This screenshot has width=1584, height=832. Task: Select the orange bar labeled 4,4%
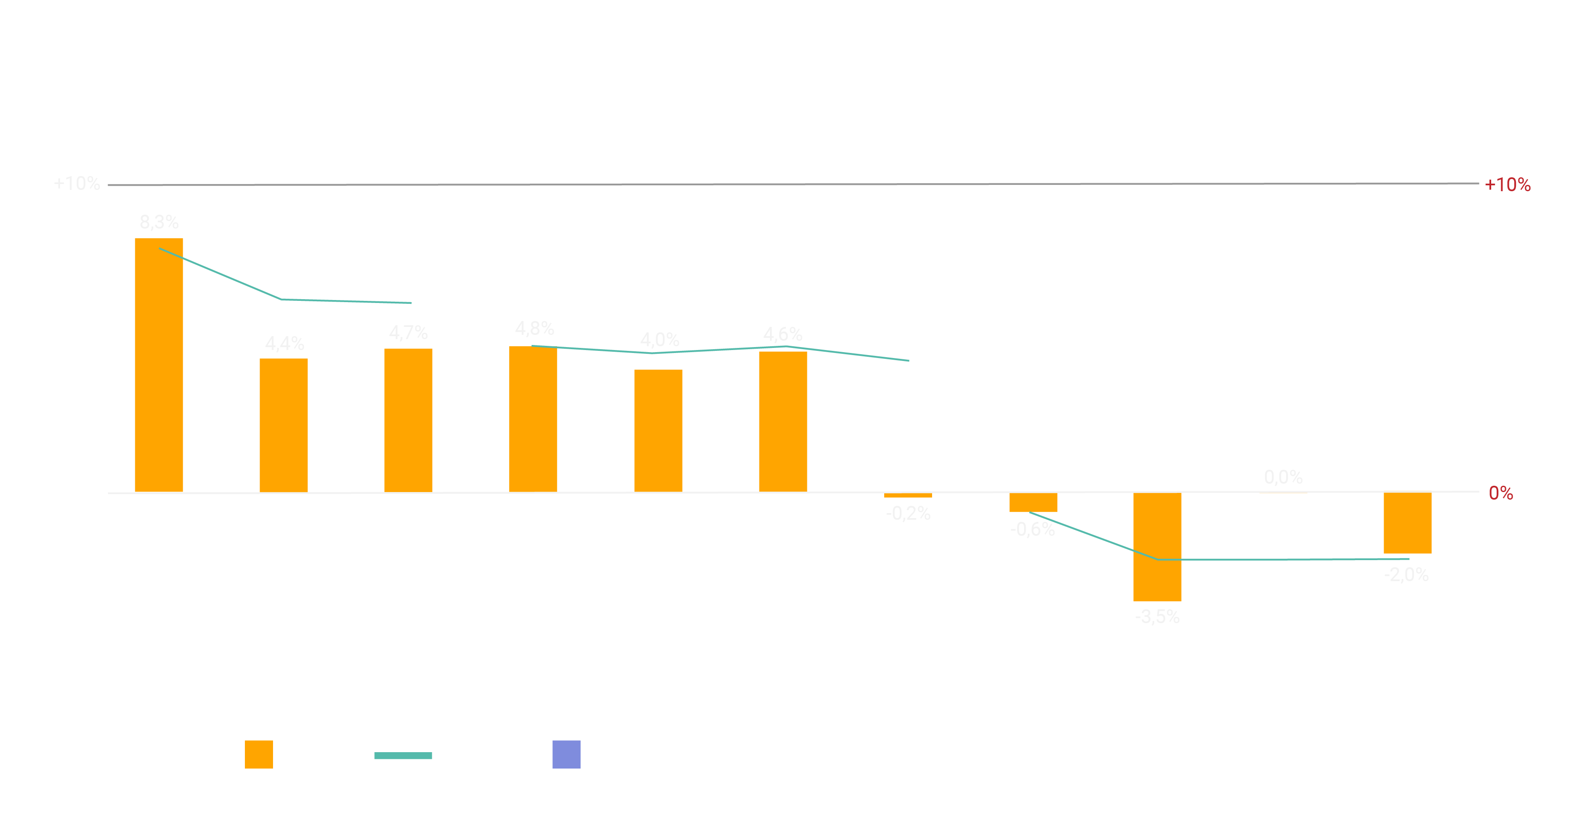(284, 425)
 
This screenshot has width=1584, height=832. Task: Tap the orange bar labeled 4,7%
(408, 420)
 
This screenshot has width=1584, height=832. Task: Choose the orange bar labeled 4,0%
(658, 430)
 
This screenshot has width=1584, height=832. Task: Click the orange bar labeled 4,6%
(783, 421)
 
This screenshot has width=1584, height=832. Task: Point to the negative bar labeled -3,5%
(1157, 547)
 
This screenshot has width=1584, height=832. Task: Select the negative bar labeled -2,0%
(1408, 523)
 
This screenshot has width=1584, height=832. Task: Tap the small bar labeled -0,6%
(1033, 503)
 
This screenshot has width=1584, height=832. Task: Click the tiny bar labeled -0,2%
(908, 495)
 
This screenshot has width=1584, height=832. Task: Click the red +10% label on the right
(1507, 184)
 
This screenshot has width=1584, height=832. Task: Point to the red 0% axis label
(1500, 493)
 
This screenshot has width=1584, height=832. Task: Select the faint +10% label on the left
(76, 183)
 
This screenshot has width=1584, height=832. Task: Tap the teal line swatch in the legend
(403, 755)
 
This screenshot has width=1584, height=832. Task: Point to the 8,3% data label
(159, 222)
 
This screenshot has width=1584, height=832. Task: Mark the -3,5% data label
(1157, 617)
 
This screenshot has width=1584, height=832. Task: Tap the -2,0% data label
(1406, 575)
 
